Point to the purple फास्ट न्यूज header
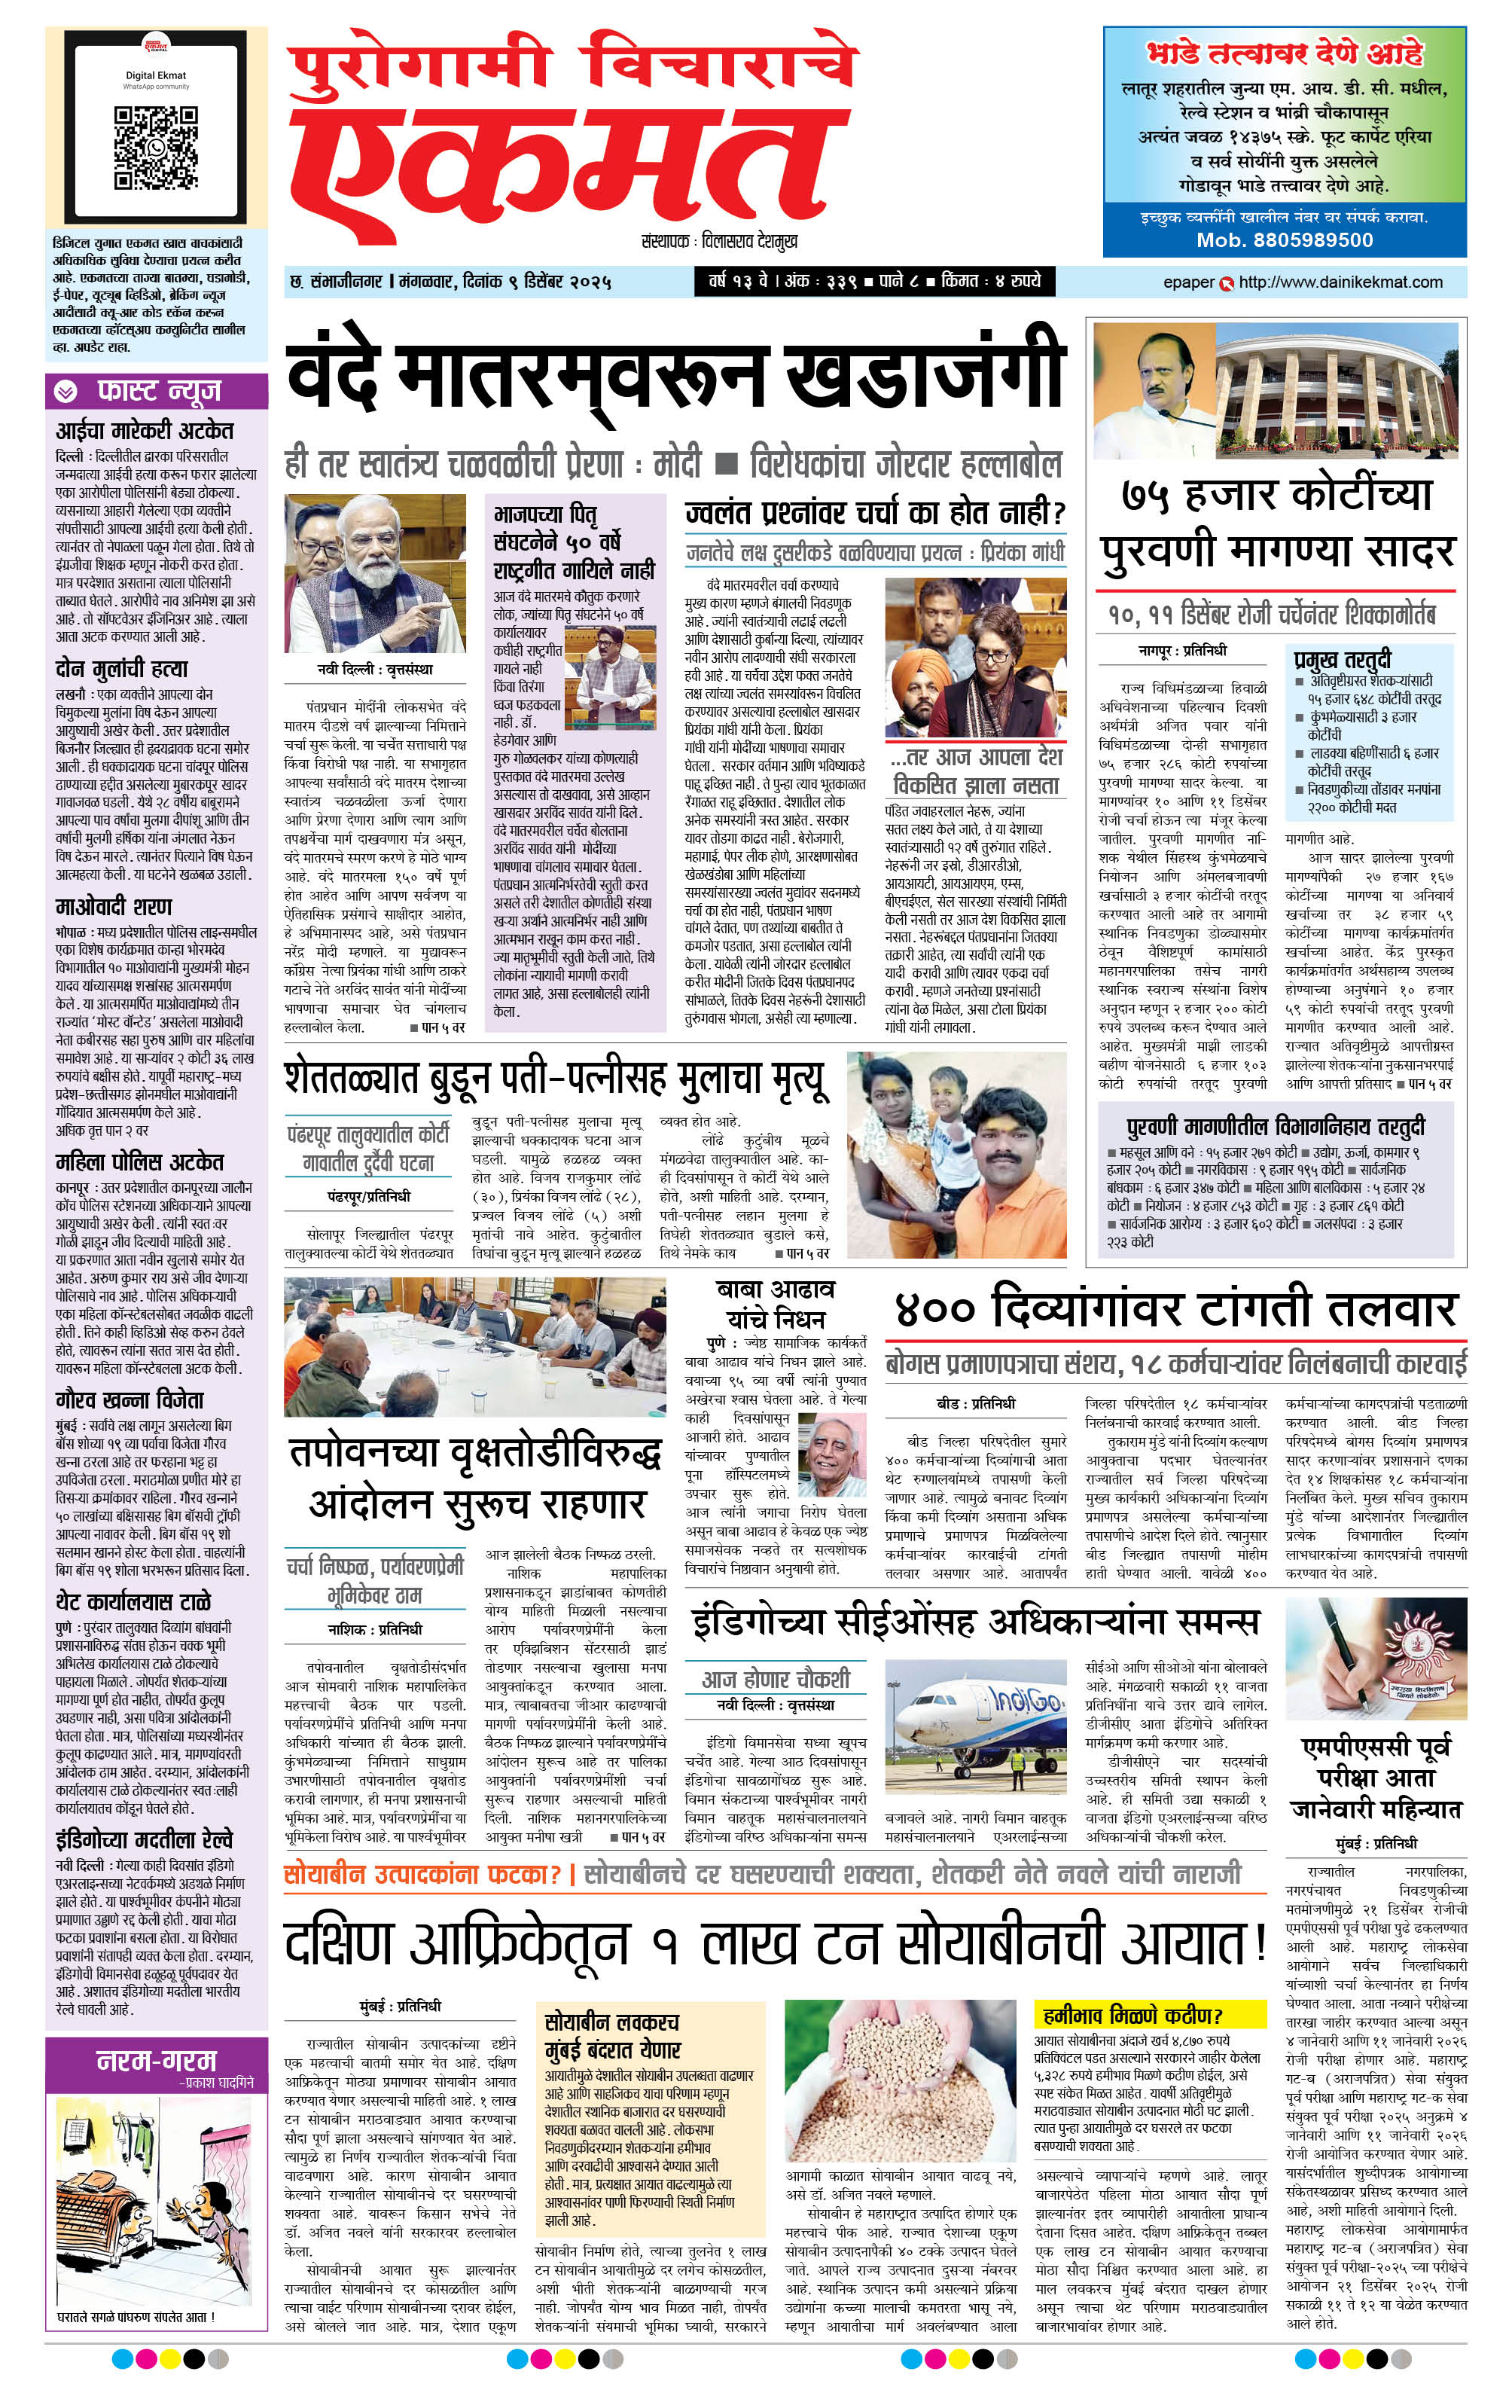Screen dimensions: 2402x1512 tap(157, 392)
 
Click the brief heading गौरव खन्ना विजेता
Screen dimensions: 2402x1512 tap(130, 1400)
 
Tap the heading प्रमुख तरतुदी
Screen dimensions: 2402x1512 tap(1342, 659)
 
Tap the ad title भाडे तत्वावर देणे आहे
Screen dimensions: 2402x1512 tap(1285, 54)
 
